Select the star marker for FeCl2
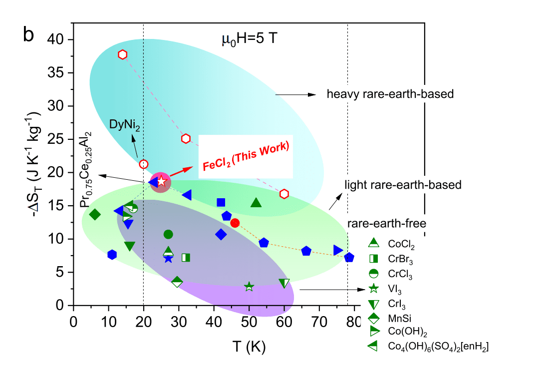coord(161,182)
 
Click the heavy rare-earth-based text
coord(390,94)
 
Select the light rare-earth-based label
coord(403,185)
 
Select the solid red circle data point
coord(235,223)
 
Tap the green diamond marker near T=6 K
coord(95,215)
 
